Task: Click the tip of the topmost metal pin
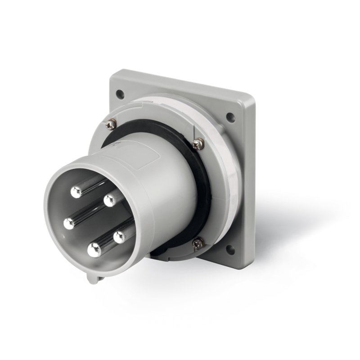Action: [x=77, y=192]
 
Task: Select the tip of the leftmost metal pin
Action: [x=69, y=223]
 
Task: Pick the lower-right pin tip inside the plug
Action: [x=119, y=237]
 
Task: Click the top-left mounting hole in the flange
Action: [x=120, y=94]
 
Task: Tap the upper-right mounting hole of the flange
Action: [x=230, y=118]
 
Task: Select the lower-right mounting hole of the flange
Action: [x=230, y=249]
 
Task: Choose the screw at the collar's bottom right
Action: [x=198, y=243]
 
